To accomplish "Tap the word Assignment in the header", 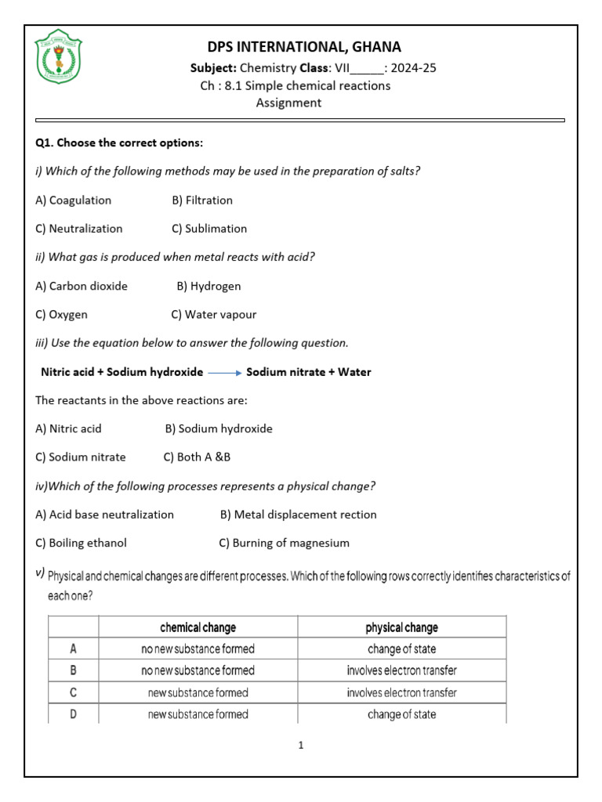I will pos(288,103).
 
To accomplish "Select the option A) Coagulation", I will pos(74,200).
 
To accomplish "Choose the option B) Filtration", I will pos(202,200).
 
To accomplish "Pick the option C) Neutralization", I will pos(79,229).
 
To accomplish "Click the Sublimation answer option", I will pos(209,229).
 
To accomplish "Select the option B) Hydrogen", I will pos(209,287).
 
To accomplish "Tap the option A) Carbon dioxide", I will pos(82,287).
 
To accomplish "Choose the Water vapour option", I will pos(214,315).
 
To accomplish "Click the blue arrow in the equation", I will pos(225,373).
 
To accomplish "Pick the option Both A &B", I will pos(197,457).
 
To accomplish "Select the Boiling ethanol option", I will pos(81,543).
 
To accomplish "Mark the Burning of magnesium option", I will pos(284,543).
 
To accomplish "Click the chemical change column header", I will pos(198,627).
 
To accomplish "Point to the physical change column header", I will pos(401,627).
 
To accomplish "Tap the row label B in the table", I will pos(73,670).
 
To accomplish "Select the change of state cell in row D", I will pos(401,714).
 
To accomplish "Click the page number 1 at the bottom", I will pos(300,746).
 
